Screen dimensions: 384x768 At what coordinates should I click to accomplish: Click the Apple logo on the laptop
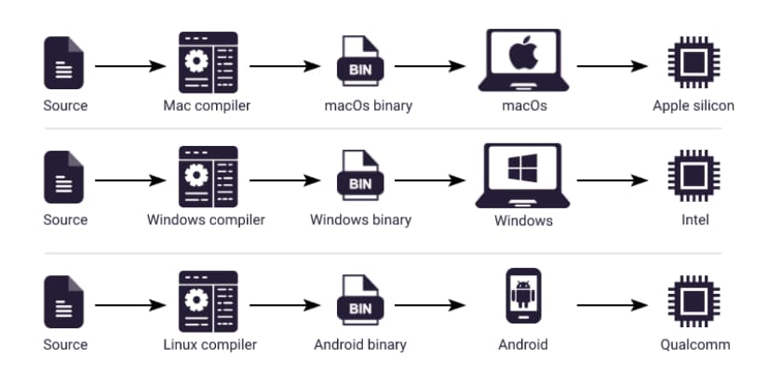click(523, 54)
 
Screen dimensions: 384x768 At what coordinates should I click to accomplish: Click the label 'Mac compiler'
click(207, 105)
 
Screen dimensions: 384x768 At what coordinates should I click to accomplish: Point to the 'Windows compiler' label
click(206, 220)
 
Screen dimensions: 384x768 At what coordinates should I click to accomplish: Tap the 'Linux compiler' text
click(206, 345)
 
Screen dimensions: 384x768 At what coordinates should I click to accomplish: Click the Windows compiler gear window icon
click(208, 177)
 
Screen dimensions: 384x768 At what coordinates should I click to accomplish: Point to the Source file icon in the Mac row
click(64, 63)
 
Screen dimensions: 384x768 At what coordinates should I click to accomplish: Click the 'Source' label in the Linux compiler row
click(65, 345)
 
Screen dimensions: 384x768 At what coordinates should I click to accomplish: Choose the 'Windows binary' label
click(360, 220)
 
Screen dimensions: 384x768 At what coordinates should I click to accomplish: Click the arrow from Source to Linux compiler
click(130, 305)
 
